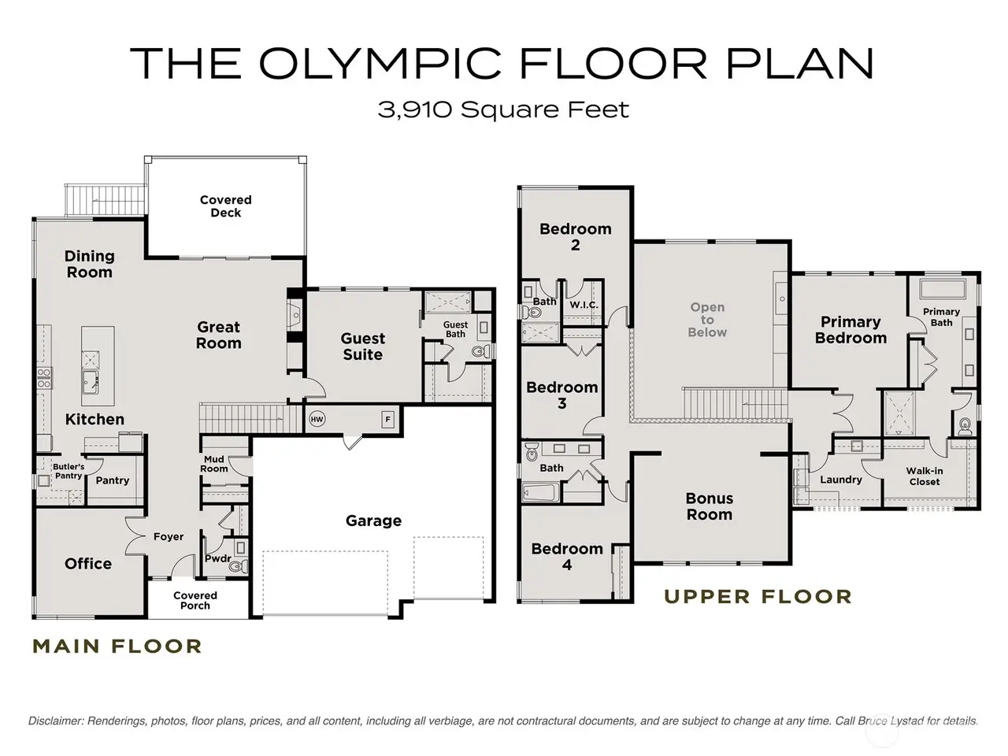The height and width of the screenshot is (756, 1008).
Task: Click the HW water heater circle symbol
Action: pyautogui.click(x=317, y=419)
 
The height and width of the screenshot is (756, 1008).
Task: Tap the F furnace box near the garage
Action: pyautogui.click(x=388, y=420)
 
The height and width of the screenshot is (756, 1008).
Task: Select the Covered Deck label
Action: pyautogui.click(x=226, y=206)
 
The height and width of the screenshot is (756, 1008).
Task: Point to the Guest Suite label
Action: pyautogui.click(x=362, y=346)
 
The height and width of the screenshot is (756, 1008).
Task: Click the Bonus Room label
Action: pyautogui.click(x=710, y=506)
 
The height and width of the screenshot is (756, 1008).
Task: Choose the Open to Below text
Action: pyautogui.click(x=707, y=320)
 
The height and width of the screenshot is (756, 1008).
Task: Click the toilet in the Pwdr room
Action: pyautogui.click(x=236, y=566)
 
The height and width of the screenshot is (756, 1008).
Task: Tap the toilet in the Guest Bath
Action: pyautogui.click(x=480, y=351)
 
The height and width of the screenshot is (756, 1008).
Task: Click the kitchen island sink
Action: pyautogui.click(x=90, y=383)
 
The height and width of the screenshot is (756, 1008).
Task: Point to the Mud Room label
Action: pyautogui.click(x=214, y=464)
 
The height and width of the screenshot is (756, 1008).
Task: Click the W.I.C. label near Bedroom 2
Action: pyautogui.click(x=584, y=305)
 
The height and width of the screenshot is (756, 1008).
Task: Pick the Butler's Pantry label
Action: pyautogui.click(x=69, y=471)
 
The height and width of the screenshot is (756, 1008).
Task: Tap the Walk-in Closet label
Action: pyautogui.click(x=925, y=476)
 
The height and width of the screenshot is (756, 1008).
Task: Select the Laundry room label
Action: pyautogui.click(x=841, y=480)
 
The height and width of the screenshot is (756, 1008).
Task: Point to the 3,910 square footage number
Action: pyautogui.click(x=415, y=109)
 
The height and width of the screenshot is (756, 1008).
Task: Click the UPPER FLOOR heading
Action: pyautogui.click(x=758, y=597)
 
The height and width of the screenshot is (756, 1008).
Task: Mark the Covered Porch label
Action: pyautogui.click(x=195, y=600)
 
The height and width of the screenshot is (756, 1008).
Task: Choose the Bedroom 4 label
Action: pyautogui.click(x=567, y=556)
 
